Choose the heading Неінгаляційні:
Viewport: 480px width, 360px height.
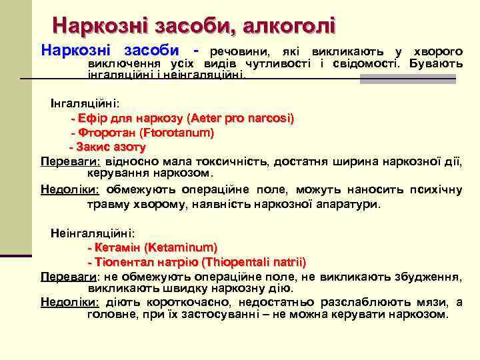[93, 233]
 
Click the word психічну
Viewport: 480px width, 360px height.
[436, 189]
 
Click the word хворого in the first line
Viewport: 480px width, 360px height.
[438, 51]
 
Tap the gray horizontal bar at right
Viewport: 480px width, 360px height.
[407, 79]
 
